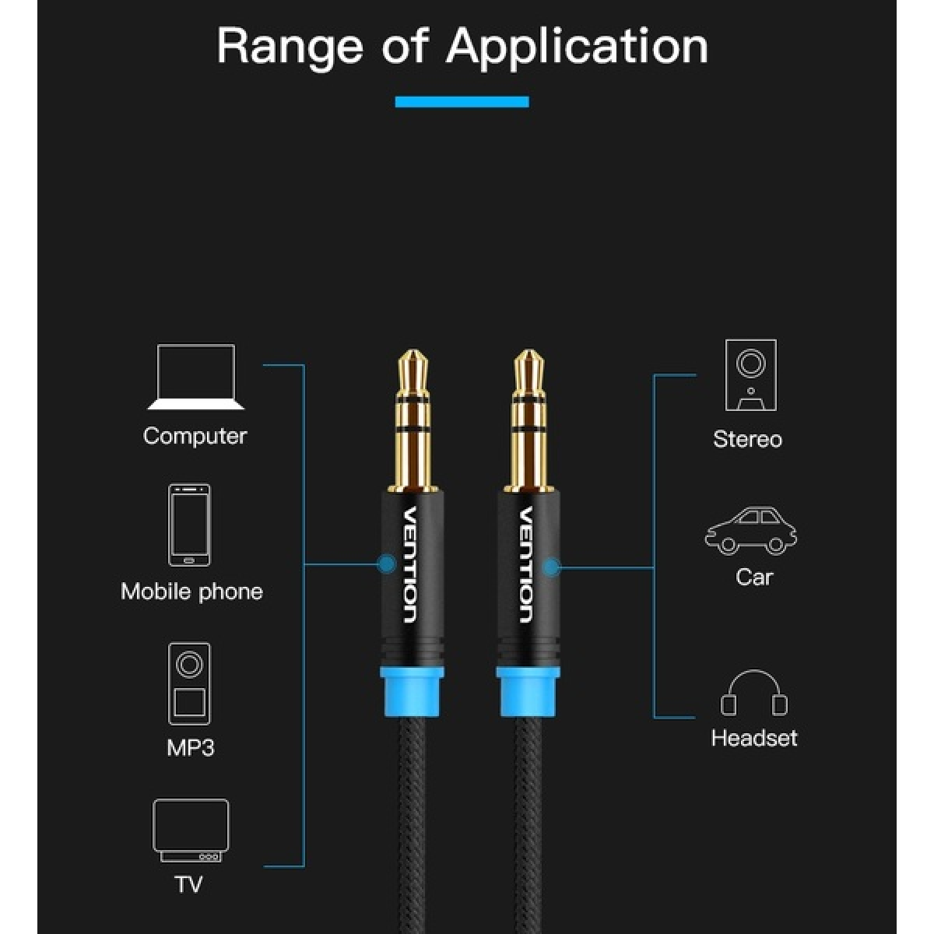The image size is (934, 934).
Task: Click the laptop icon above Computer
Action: pos(196,377)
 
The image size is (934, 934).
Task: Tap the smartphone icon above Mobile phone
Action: pos(189,525)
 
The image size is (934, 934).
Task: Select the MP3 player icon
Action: pos(189,683)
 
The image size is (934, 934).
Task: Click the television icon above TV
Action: pos(191,830)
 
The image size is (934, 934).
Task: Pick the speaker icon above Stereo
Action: pos(750,375)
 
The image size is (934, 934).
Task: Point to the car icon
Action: pos(750,532)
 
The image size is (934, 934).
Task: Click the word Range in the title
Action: pos(290,47)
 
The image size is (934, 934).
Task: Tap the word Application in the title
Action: pos(577,47)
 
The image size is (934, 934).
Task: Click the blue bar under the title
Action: pos(462,102)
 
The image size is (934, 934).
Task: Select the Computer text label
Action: pos(195,436)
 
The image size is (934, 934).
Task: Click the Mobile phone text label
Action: pos(192,592)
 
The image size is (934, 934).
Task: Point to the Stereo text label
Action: pos(747,439)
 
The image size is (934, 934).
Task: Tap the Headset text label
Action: pos(753,738)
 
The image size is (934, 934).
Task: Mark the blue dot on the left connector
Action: pos(387,564)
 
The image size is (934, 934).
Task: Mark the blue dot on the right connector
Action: pos(552,567)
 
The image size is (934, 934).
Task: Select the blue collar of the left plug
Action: pos(413,692)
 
